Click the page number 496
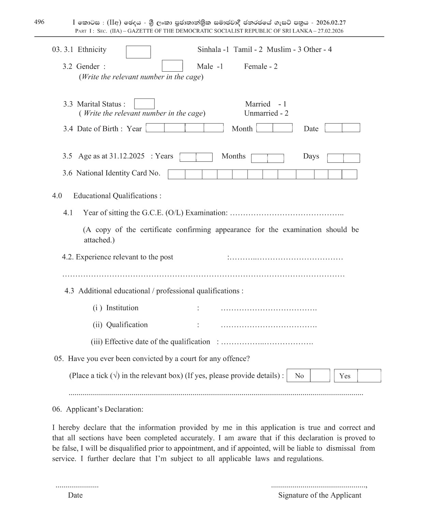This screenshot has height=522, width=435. coord(39,22)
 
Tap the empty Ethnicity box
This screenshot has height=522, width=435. coord(138,52)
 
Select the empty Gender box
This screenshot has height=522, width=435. coord(172,66)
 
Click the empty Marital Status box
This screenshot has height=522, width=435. coord(144,104)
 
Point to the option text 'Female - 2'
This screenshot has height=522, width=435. coord(261,67)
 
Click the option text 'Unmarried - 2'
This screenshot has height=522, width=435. coord(266,113)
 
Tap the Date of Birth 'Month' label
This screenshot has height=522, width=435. coord(242,129)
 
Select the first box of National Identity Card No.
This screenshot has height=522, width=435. coord(176,174)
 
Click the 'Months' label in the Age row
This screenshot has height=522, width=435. coord(233,156)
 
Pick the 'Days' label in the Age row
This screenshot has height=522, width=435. coord(311,156)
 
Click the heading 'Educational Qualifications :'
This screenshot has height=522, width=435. coord(117,196)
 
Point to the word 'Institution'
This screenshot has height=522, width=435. coord(122,308)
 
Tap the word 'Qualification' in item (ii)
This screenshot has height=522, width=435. coord(127,325)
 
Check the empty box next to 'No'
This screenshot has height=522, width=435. coord(320,376)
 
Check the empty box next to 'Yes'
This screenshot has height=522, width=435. coord(369,376)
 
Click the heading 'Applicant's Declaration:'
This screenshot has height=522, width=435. coord(105,409)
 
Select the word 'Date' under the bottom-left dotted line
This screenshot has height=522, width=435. coord(75,495)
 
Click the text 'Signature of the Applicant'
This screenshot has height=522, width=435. coord(320,495)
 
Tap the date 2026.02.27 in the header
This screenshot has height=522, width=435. coord(331,23)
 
